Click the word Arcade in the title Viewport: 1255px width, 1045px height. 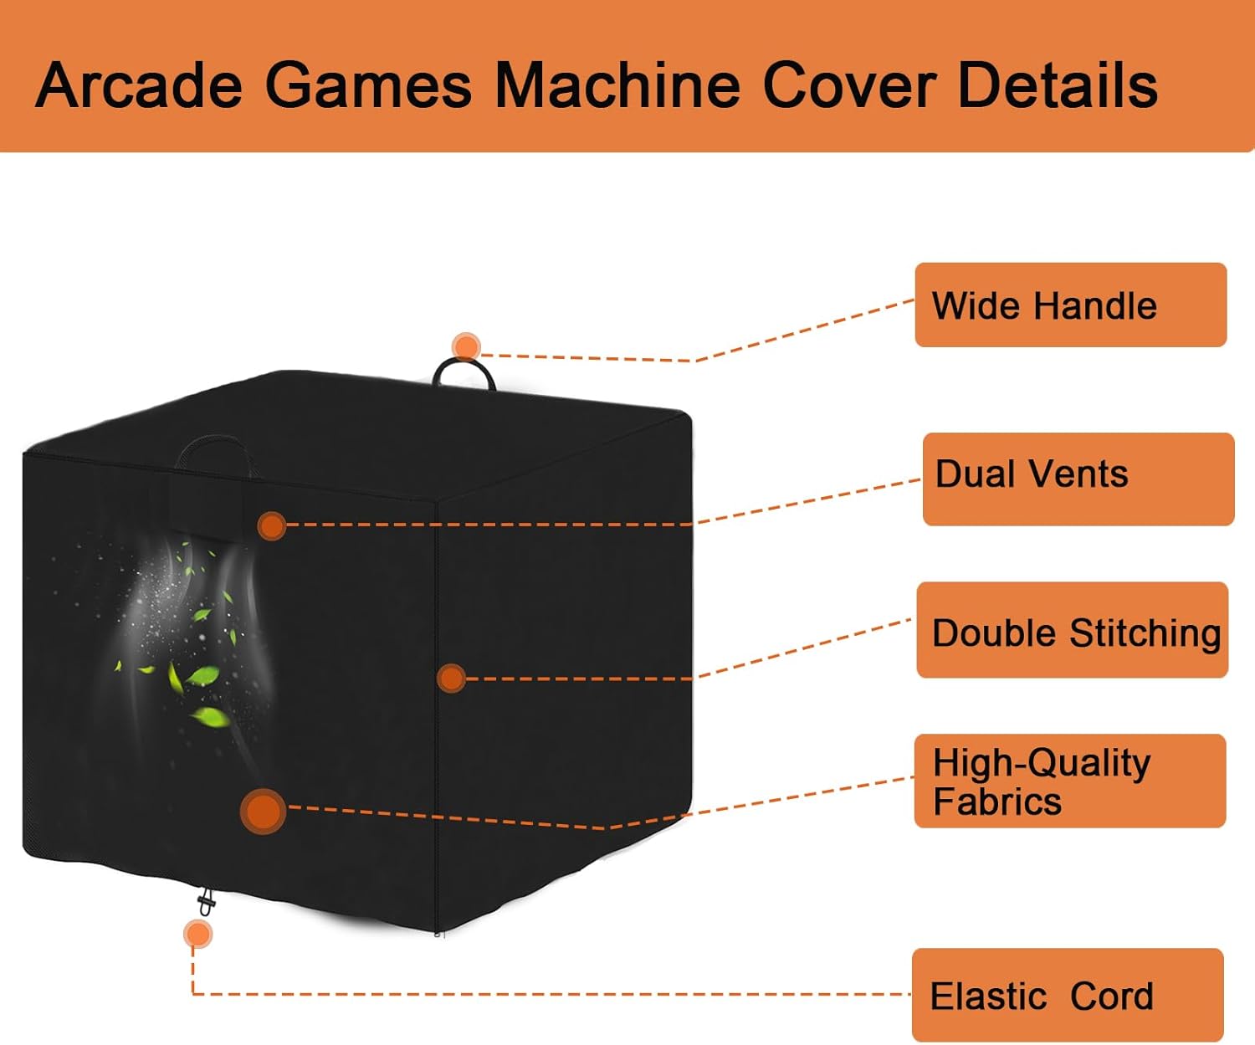coord(139,85)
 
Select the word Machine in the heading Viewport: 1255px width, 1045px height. coord(617,85)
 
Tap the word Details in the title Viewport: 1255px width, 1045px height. coord(1058,85)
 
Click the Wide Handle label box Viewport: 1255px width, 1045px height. coord(1070,305)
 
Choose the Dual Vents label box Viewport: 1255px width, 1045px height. coord(1078,479)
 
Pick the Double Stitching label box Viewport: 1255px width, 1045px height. coord(1073,629)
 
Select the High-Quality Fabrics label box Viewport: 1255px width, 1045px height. coord(1070,781)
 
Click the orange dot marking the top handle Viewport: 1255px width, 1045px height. coord(466,347)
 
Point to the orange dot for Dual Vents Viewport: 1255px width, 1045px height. coord(272,526)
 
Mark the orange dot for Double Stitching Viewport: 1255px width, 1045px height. coord(452,679)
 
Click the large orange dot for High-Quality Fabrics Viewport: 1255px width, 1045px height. coord(263,811)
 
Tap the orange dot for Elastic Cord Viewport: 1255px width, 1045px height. coord(197,935)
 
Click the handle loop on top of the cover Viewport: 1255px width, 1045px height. coord(464,362)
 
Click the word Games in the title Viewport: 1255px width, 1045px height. coord(368,85)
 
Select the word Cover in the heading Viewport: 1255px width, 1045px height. coord(848,85)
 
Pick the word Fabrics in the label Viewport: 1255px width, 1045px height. coord(997,802)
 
